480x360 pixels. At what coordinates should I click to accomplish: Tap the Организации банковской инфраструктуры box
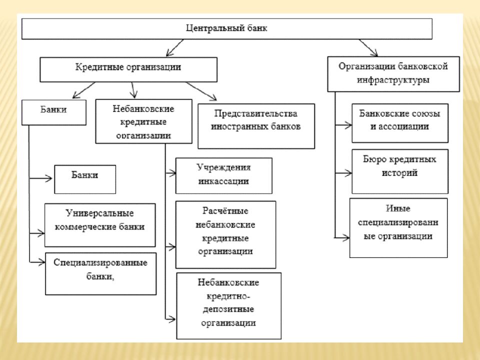coord(393,73)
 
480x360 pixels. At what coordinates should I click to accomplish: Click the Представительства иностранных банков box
coord(256,125)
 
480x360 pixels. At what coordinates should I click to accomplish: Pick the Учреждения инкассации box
coord(223,175)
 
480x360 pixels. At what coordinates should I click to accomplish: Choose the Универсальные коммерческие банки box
coord(100,224)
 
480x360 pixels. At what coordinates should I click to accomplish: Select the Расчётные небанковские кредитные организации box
coord(225,234)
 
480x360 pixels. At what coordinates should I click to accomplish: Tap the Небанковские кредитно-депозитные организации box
coord(228,304)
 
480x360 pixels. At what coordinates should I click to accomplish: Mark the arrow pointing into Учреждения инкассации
coord(170,174)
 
